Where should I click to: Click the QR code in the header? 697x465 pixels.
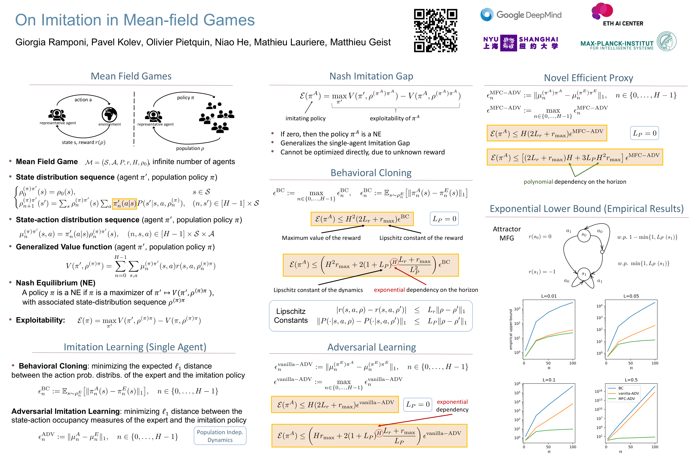point(435,31)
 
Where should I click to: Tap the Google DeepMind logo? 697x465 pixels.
point(521,15)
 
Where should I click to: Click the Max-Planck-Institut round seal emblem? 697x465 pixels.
point(666,41)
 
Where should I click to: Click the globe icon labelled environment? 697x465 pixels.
point(109,115)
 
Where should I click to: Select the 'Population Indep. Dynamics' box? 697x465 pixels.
point(220,436)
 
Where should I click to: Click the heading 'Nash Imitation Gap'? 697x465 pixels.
point(371,76)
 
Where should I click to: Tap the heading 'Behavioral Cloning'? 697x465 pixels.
point(371,173)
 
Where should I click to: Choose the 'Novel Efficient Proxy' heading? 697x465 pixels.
point(588,78)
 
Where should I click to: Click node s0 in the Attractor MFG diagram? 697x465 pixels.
point(584,235)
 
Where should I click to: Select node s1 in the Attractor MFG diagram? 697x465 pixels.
point(584,274)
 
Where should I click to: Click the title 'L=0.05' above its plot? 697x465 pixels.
point(631,296)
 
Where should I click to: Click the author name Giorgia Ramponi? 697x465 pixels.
point(51,42)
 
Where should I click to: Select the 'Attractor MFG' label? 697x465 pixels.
point(506,234)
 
